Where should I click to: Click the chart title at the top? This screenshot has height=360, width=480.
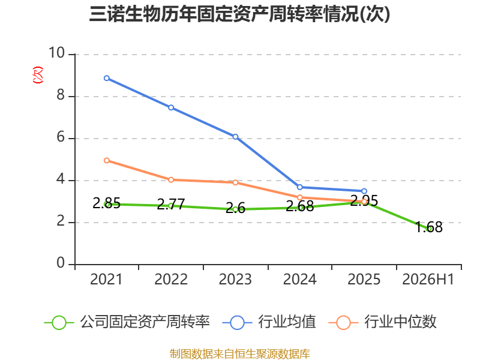pyautogui.click(x=239, y=14)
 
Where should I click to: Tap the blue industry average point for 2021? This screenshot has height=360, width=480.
pyautogui.click(x=107, y=78)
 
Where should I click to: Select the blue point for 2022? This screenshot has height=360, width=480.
pyautogui.click(x=171, y=107)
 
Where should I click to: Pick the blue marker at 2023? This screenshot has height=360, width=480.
pyautogui.click(x=235, y=137)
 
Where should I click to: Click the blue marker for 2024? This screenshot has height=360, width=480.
pyautogui.click(x=299, y=187)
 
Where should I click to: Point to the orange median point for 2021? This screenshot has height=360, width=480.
pyautogui.click(x=107, y=160)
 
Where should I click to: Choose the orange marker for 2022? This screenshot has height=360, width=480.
pyautogui.click(x=171, y=179)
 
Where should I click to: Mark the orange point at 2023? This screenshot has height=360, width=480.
pyautogui.click(x=235, y=182)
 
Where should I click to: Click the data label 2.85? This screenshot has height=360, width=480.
pyautogui.click(x=107, y=203)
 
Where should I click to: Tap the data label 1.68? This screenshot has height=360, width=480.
pyautogui.click(x=429, y=227)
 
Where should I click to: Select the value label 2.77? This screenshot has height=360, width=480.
pyautogui.click(x=171, y=204)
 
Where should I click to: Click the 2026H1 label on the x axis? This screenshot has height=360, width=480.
pyautogui.click(x=428, y=279)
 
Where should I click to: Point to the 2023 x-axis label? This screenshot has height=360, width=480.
pyautogui.click(x=235, y=279)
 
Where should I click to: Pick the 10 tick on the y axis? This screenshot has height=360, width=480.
pyautogui.click(x=57, y=53)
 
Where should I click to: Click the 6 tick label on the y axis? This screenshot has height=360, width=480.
pyautogui.click(x=61, y=137)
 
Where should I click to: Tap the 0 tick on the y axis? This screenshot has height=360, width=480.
pyautogui.click(x=61, y=263)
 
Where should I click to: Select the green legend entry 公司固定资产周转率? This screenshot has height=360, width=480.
pyautogui.click(x=127, y=322)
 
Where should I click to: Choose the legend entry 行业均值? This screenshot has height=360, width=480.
pyautogui.click(x=269, y=322)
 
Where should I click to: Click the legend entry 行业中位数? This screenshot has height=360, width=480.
pyautogui.click(x=382, y=322)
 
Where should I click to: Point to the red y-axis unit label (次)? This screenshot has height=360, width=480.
pyautogui.click(x=38, y=75)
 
